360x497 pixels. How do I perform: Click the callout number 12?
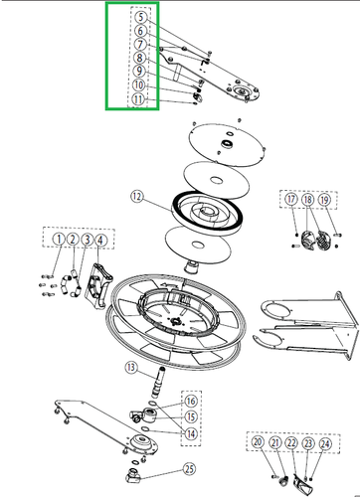coord(136,197)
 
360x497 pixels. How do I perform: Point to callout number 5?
coord(140,17)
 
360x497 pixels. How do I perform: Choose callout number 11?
coord(140,99)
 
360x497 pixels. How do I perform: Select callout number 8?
coord(140,59)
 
